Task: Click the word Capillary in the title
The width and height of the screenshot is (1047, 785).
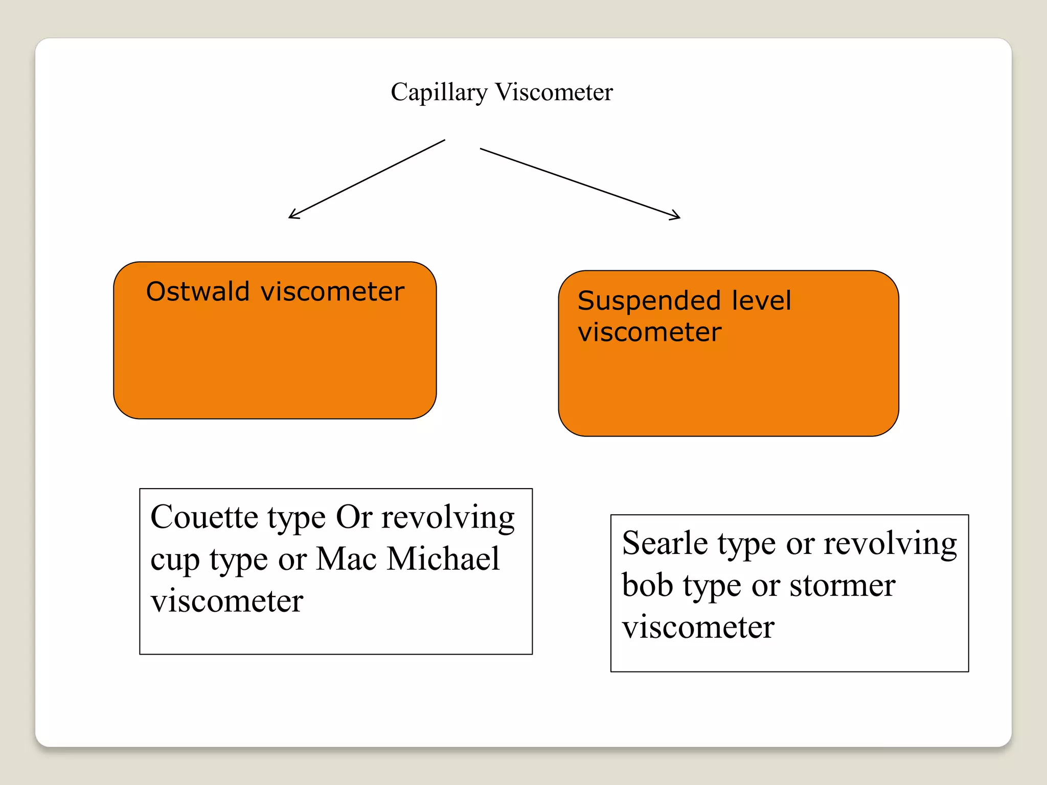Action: point(439,93)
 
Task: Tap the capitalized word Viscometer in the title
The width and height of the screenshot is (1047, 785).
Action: point(554,93)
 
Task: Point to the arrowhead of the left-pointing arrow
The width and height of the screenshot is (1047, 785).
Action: point(291,217)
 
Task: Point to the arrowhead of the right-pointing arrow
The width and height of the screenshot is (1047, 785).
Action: point(678,217)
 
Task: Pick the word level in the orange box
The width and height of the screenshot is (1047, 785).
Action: point(761,301)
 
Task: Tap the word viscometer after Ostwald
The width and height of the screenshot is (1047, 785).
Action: point(332,292)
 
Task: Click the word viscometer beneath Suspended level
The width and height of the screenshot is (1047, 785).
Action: point(649,332)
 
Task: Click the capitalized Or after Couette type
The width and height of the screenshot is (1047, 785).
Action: point(354,517)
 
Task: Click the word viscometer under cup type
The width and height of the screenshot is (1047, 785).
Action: point(227,601)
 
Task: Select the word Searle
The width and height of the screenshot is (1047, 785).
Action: point(665,543)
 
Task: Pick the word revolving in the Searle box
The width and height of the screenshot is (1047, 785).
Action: point(890,544)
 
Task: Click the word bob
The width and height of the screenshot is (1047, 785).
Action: point(647,585)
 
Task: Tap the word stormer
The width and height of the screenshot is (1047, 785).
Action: point(842,586)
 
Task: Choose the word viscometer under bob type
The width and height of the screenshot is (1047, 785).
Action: point(698,628)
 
